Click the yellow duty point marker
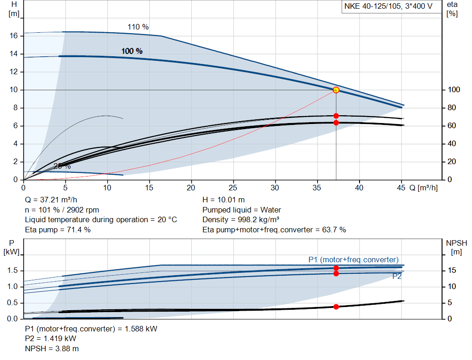pyautogui.click(x=336, y=90)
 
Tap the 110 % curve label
pyautogui.click(x=138, y=27)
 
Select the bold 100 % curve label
pyautogui.click(x=132, y=51)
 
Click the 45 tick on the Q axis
pyautogui.click(x=401, y=188)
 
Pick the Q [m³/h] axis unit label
pyautogui.click(x=424, y=188)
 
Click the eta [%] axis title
pyautogui.click(x=452, y=9)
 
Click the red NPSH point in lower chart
pyautogui.click(x=336, y=307)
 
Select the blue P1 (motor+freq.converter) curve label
pyautogui.click(x=353, y=260)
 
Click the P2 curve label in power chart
pyautogui.click(x=397, y=277)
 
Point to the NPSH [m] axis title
pyautogui.click(x=456, y=247)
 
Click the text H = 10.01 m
pyautogui.click(x=224, y=200)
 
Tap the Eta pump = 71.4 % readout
pyautogui.click(x=58, y=230)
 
